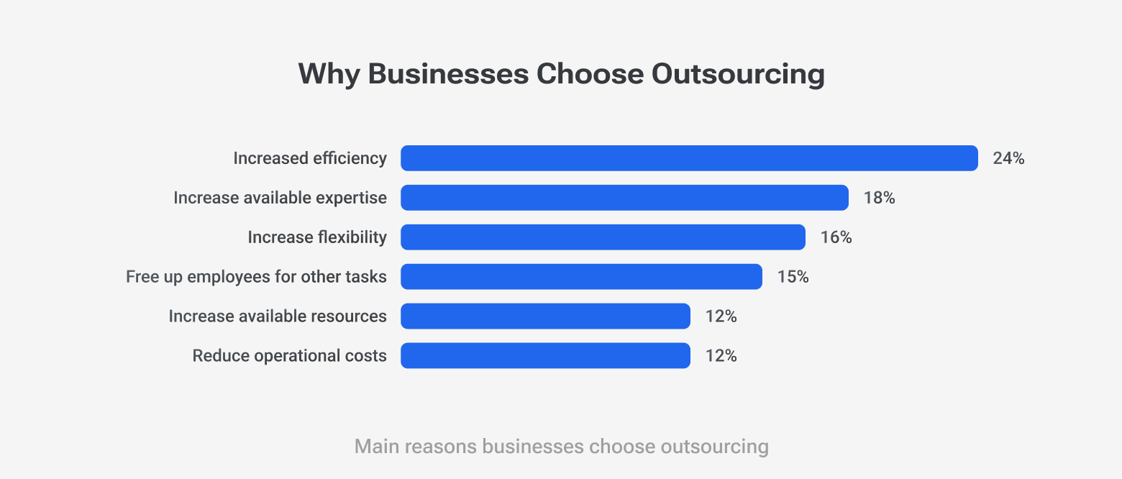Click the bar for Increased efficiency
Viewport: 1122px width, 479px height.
689,158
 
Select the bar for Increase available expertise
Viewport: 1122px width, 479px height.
624,198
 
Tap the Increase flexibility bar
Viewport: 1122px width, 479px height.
603,237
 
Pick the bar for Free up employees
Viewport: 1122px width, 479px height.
581,277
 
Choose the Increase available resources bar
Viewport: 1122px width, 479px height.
545,316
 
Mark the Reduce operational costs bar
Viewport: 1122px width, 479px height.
545,356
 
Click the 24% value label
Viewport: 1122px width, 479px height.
1008,158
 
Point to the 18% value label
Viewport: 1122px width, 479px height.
879,198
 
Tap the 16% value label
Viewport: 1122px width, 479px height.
836,237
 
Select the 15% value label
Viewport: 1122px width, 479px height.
793,277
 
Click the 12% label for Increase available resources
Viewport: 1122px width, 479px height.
721,316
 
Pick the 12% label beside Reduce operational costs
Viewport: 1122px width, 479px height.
721,356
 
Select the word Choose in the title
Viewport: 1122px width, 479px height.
589,75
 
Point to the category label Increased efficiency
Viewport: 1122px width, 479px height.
310,158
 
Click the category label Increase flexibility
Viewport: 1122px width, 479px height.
317,237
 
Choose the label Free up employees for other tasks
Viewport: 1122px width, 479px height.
256,277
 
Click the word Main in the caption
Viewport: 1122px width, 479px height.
377,447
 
